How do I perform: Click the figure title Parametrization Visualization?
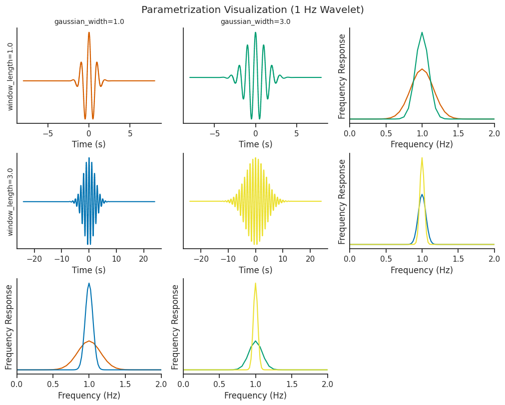(252, 10)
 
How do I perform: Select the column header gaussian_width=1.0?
(89, 22)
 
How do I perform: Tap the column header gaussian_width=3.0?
(255, 22)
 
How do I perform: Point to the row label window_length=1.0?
(10, 76)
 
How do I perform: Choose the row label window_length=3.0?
(10, 202)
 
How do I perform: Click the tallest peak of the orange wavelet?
(89, 33)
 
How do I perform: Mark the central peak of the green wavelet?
(255, 33)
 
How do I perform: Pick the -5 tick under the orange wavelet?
(48, 134)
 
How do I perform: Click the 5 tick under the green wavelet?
(296, 134)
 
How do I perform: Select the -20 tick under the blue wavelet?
(34, 259)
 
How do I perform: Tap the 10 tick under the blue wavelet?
(116, 259)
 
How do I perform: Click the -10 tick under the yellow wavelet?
(228, 259)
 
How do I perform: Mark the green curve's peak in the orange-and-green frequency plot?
(422, 33)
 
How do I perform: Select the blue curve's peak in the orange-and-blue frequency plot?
(89, 284)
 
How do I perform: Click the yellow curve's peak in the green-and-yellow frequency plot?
(255, 284)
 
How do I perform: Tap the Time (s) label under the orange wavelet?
(89, 144)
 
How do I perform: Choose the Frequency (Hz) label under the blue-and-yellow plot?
(422, 270)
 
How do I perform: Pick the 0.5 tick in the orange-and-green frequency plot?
(386, 134)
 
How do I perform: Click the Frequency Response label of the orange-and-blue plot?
(9, 327)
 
